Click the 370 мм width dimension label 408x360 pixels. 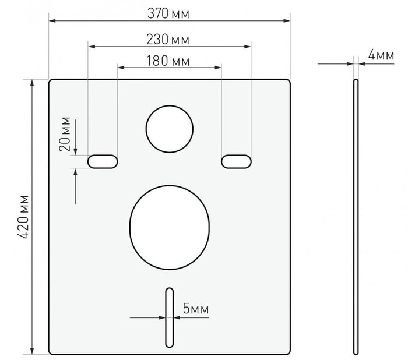click(x=168, y=13)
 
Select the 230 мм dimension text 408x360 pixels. click(x=168, y=40)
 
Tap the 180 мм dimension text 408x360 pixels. click(x=168, y=61)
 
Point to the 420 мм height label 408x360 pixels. click(x=24, y=217)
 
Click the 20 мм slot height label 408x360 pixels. click(x=65, y=134)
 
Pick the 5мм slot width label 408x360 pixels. click(x=196, y=309)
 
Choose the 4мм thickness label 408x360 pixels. click(x=381, y=55)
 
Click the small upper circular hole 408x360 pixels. click(x=170, y=129)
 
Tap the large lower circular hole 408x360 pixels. click(x=170, y=227)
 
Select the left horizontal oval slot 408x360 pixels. click(x=103, y=161)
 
